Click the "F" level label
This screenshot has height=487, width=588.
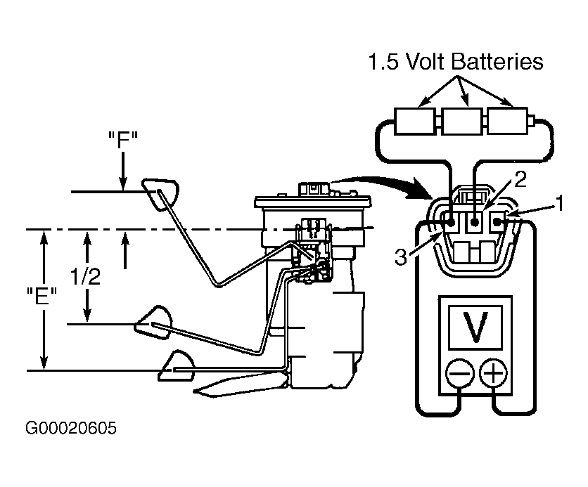pyautogui.click(x=123, y=140)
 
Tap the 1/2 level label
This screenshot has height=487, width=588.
pyautogui.click(x=86, y=277)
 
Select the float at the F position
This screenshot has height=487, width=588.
pyautogui.click(x=160, y=195)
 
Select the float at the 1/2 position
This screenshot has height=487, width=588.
pyautogui.click(x=154, y=323)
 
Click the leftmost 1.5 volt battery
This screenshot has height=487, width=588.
pyautogui.click(x=415, y=121)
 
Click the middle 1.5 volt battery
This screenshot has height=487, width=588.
pyautogui.click(x=462, y=121)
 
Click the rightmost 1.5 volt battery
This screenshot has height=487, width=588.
pyautogui.click(x=507, y=121)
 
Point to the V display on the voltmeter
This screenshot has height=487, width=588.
pyautogui.click(x=475, y=327)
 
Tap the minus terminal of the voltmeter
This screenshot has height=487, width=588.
pyautogui.click(x=459, y=373)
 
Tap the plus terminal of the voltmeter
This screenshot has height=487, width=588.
pyautogui.click(x=494, y=373)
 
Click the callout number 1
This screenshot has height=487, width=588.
pyautogui.click(x=559, y=203)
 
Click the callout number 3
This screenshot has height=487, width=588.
pyautogui.click(x=401, y=257)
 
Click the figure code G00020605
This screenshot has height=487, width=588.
pyautogui.click(x=71, y=428)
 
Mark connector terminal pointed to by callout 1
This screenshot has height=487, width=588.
pyautogui.click(x=498, y=222)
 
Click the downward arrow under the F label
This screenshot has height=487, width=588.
pyautogui.click(x=122, y=171)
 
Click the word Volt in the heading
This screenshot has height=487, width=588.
pyautogui.click(x=425, y=61)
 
